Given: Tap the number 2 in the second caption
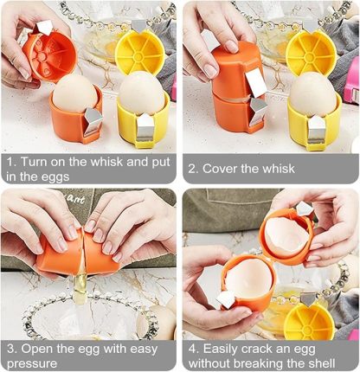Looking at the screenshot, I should pyautogui.click(x=192, y=168).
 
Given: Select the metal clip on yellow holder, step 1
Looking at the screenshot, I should pyautogui.click(x=145, y=128).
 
